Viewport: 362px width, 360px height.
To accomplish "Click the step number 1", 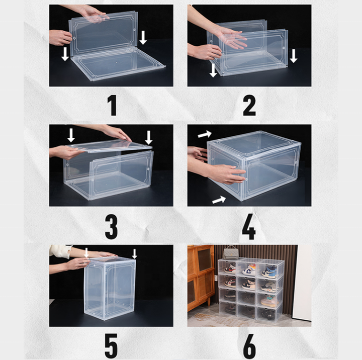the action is tap(113, 106).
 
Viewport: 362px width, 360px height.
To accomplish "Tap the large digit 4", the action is tap(249, 227).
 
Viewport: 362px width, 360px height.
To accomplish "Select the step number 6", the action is tap(249, 346).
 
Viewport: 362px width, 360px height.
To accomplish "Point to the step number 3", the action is tap(111, 227).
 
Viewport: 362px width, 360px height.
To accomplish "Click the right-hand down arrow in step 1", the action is tap(143, 38).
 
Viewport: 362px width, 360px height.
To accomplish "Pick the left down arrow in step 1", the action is tap(65, 54).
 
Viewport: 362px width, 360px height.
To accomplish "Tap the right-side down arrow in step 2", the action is tap(294, 56).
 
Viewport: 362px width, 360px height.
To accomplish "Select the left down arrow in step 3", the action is tap(71, 135).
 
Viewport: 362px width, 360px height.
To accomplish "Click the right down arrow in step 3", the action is tap(148, 138).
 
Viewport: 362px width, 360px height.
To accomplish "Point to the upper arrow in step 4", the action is tap(205, 134).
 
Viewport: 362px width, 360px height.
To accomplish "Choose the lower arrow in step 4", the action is tap(219, 200).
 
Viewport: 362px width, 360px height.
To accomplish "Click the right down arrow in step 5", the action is tap(134, 254).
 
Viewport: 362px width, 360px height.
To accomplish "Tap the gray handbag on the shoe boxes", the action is tap(230, 252).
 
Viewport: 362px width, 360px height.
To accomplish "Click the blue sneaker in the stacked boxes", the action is tap(269, 272).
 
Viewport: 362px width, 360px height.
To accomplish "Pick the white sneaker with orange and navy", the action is tap(249, 269).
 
